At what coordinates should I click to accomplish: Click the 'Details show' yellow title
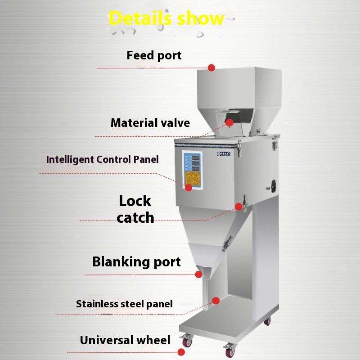(x=166, y=18)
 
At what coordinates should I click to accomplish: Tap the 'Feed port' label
(x=154, y=55)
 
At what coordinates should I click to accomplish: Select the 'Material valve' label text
(x=150, y=122)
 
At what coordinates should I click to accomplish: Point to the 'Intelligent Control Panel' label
(x=103, y=159)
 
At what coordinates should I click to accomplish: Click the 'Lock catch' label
(x=135, y=209)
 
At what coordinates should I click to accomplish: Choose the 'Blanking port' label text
(x=136, y=261)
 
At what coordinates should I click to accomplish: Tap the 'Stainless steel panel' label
(x=124, y=304)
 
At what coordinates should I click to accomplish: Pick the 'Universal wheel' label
(x=125, y=340)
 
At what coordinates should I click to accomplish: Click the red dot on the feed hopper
(x=211, y=67)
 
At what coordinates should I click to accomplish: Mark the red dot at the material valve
(x=230, y=122)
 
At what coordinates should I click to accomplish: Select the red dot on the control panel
(x=189, y=187)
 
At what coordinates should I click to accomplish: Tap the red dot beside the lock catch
(x=238, y=207)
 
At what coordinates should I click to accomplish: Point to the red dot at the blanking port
(x=198, y=274)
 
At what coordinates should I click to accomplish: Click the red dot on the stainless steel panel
(x=216, y=301)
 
